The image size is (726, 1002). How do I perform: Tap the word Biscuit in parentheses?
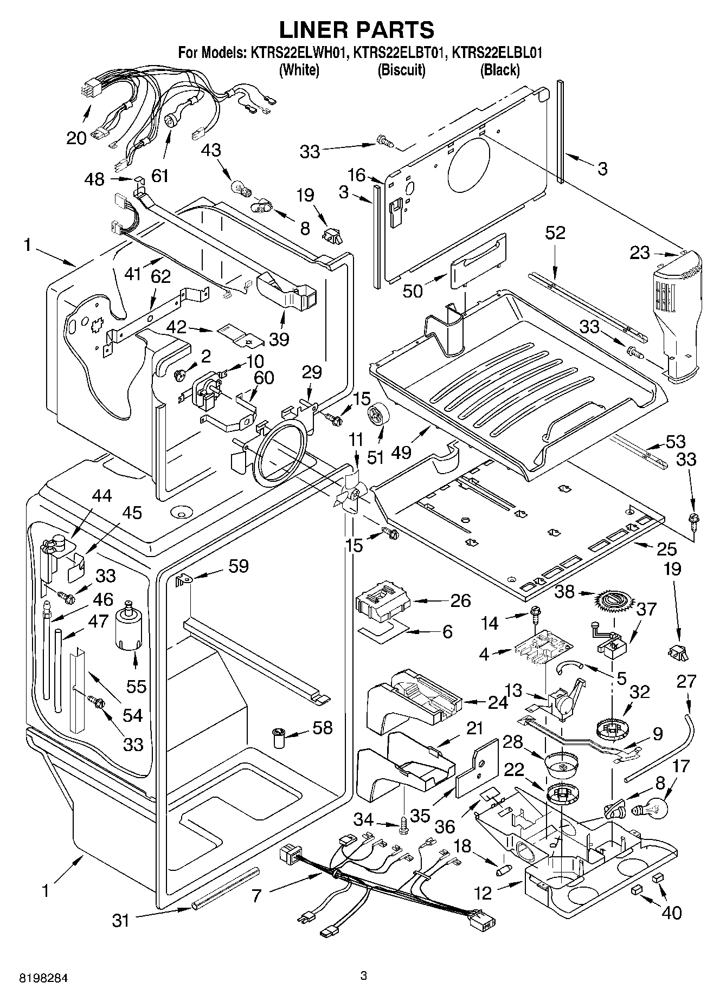point(401,69)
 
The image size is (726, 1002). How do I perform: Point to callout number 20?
point(76,138)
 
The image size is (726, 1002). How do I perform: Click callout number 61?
point(159,176)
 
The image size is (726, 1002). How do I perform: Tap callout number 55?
point(137,686)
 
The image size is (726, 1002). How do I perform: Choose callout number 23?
point(640,253)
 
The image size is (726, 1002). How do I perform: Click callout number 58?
point(323,727)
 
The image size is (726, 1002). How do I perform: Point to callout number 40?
point(672,912)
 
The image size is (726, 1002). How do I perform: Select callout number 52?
point(555,233)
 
